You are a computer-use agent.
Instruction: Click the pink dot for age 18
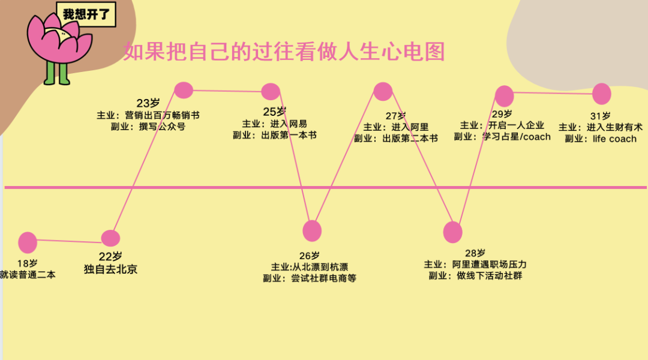tap(28, 242)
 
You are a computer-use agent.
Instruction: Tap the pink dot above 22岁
tap(110, 238)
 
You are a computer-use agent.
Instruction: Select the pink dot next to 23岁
tap(184, 90)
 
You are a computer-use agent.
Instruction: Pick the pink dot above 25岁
tap(271, 92)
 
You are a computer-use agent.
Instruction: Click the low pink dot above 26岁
tap(312, 231)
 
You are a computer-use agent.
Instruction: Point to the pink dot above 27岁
tap(383, 91)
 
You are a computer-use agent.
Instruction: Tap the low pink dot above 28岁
tap(453, 232)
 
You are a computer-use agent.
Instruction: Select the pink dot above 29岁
tap(505, 96)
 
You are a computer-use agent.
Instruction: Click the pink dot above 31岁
tap(601, 94)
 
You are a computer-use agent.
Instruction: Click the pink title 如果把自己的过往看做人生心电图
tap(284, 52)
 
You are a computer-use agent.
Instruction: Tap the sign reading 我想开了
tap(86, 14)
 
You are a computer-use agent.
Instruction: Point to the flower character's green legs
tap(57, 73)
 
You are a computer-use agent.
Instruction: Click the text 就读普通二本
tap(28, 275)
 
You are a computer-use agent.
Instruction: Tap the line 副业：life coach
tap(601, 139)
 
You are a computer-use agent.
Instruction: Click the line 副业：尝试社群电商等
tap(309, 278)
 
